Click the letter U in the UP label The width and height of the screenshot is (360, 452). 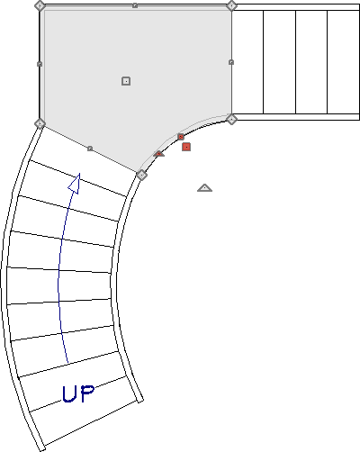(x=69, y=394)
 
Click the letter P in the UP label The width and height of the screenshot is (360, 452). (x=87, y=393)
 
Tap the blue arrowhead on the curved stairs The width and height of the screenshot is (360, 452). (x=75, y=184)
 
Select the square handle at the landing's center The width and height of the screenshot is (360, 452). (x=126, y=81)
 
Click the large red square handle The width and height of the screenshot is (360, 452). (x=186, y=147)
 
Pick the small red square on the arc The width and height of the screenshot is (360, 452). (x=181, y=137)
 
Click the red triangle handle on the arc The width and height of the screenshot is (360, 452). (x=159, y=154)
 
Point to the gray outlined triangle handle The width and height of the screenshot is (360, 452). (x=204, y=188)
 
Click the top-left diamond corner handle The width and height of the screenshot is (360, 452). (x=40, y=5)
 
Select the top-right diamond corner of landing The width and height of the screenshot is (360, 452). (x=231, y=5)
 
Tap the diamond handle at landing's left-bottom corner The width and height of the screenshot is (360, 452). (x=40, y=123)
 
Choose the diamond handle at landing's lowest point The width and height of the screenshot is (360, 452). (x=141, y=175)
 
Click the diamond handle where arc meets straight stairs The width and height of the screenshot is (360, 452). (x=231, y=119)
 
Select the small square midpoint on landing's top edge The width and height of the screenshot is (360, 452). (x=135, y=5)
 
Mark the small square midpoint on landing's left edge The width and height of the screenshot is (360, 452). (x=40, y=64)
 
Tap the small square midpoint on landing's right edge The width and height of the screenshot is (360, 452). (x=231, y=62)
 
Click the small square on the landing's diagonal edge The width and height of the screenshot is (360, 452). (x=90, y=149)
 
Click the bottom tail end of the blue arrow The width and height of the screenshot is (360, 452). (x=67, y=363)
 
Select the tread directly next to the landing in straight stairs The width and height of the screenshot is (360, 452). (x=247, y=62)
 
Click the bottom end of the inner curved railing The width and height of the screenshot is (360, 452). (x=139, y=401)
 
